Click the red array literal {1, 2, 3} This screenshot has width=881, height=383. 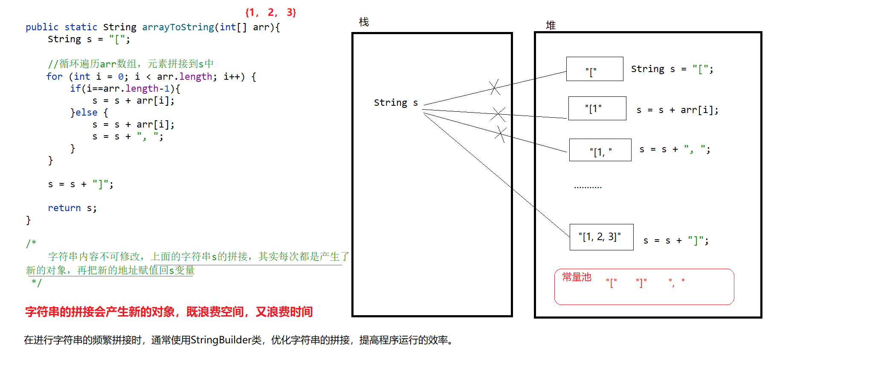point(270,12)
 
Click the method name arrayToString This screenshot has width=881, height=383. point(178,27)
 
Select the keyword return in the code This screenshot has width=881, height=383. point(64,208)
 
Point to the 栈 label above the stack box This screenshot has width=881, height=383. point(364,22)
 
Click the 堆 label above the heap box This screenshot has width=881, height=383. point(551,26)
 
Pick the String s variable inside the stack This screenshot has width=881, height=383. point(396,103)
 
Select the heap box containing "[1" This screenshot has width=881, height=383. point(597,108)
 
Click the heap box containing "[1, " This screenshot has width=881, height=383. point(600,150)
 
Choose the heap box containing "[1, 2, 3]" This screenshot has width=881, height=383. point(601,237)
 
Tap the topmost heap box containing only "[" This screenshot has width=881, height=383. point(594,69)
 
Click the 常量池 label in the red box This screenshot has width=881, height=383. point(577,277)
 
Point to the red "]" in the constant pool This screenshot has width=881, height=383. point(641,283)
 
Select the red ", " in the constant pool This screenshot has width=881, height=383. point(677,282)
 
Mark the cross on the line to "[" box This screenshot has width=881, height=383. point(494,87)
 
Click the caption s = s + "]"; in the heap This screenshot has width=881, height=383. point(676,241)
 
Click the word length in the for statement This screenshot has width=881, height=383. point(195,77)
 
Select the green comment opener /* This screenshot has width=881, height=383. point(31,244)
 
